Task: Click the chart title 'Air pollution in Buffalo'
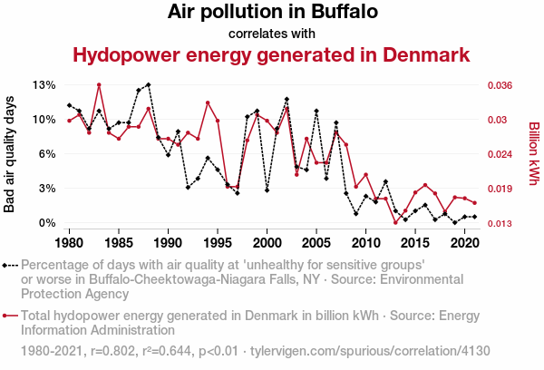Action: (272, 13)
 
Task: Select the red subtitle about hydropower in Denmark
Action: (271, 55)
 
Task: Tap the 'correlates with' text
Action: (272, 34)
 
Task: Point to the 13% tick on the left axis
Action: (44, 85)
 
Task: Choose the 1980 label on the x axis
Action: (70, 244)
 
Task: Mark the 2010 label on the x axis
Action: (365, 244)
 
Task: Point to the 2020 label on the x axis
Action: (464, 244)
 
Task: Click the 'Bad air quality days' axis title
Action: (11, 154)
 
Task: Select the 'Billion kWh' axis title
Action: (534, 154)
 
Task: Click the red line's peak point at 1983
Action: (99, 85)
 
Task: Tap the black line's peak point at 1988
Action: (148, 84)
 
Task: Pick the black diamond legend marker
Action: (7, 265)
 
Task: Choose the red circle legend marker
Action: (7, 316)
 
